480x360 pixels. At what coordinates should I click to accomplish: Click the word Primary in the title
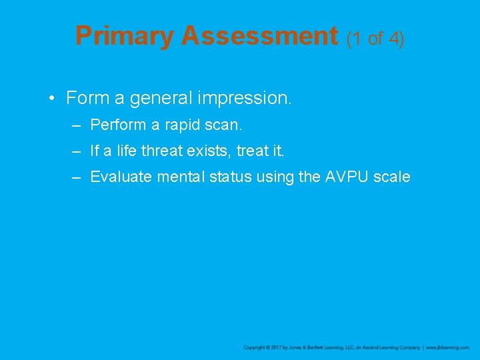click(125, 36)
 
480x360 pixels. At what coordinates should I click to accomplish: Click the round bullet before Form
click(51, 99)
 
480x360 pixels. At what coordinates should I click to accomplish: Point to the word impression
click(256, 99)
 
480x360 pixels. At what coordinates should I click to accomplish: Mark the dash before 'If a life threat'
click(77, 151)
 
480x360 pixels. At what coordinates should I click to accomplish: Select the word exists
click(210, 151)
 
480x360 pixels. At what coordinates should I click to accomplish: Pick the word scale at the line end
click(393, 177)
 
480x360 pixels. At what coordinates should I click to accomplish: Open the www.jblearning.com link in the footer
click(447, 348)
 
